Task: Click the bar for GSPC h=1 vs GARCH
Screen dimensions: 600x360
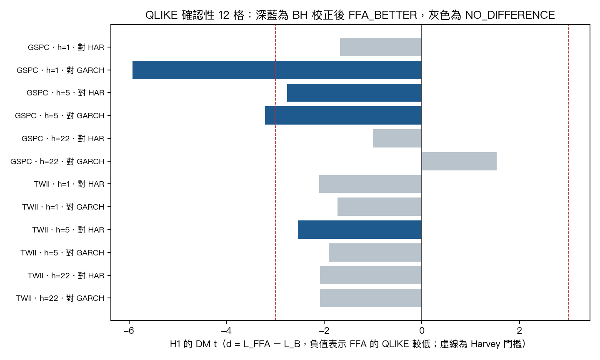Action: pos(277,70)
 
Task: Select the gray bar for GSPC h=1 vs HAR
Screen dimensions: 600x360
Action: pos(381,47)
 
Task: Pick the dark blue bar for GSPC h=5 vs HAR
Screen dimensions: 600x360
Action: pos(354,92)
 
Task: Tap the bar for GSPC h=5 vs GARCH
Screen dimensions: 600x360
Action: pos(343,115)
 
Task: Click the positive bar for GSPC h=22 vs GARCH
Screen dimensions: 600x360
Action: pos(459,161)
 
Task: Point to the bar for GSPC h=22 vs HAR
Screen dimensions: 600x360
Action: pos(397,138)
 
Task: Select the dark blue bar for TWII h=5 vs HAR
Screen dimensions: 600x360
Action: pos(360,230)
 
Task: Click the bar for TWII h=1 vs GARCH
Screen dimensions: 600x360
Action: pos(380,207)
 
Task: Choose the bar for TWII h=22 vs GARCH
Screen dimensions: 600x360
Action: pos(371,298)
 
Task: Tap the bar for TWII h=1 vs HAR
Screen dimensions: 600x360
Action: pos(370,184)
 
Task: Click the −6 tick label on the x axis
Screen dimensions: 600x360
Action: pos(129,331)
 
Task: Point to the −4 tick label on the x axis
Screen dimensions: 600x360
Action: pos(226,331)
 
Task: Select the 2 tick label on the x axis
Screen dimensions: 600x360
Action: pos(519,331)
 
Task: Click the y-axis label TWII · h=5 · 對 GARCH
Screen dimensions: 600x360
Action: pos(62,252)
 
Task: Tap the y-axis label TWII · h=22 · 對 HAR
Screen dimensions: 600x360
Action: pos(66,275)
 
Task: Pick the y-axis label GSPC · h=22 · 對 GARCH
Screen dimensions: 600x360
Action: pos(57,161)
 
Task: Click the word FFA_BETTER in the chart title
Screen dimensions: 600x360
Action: pos(383,15)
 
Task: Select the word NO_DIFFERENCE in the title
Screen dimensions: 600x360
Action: pos(510,15)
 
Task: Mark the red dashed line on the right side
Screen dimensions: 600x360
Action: pos(568,172)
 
